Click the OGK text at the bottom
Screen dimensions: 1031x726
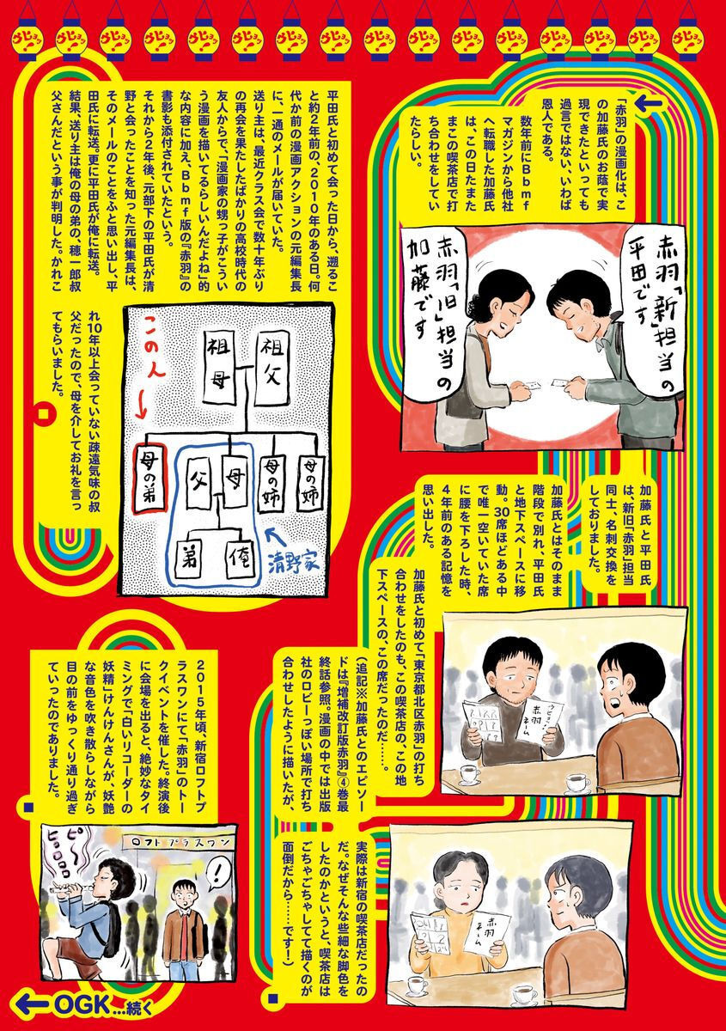pyautogui.click(x=80, y=1002)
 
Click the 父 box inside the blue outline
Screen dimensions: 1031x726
pyautogui.click(x=194, y=469)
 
